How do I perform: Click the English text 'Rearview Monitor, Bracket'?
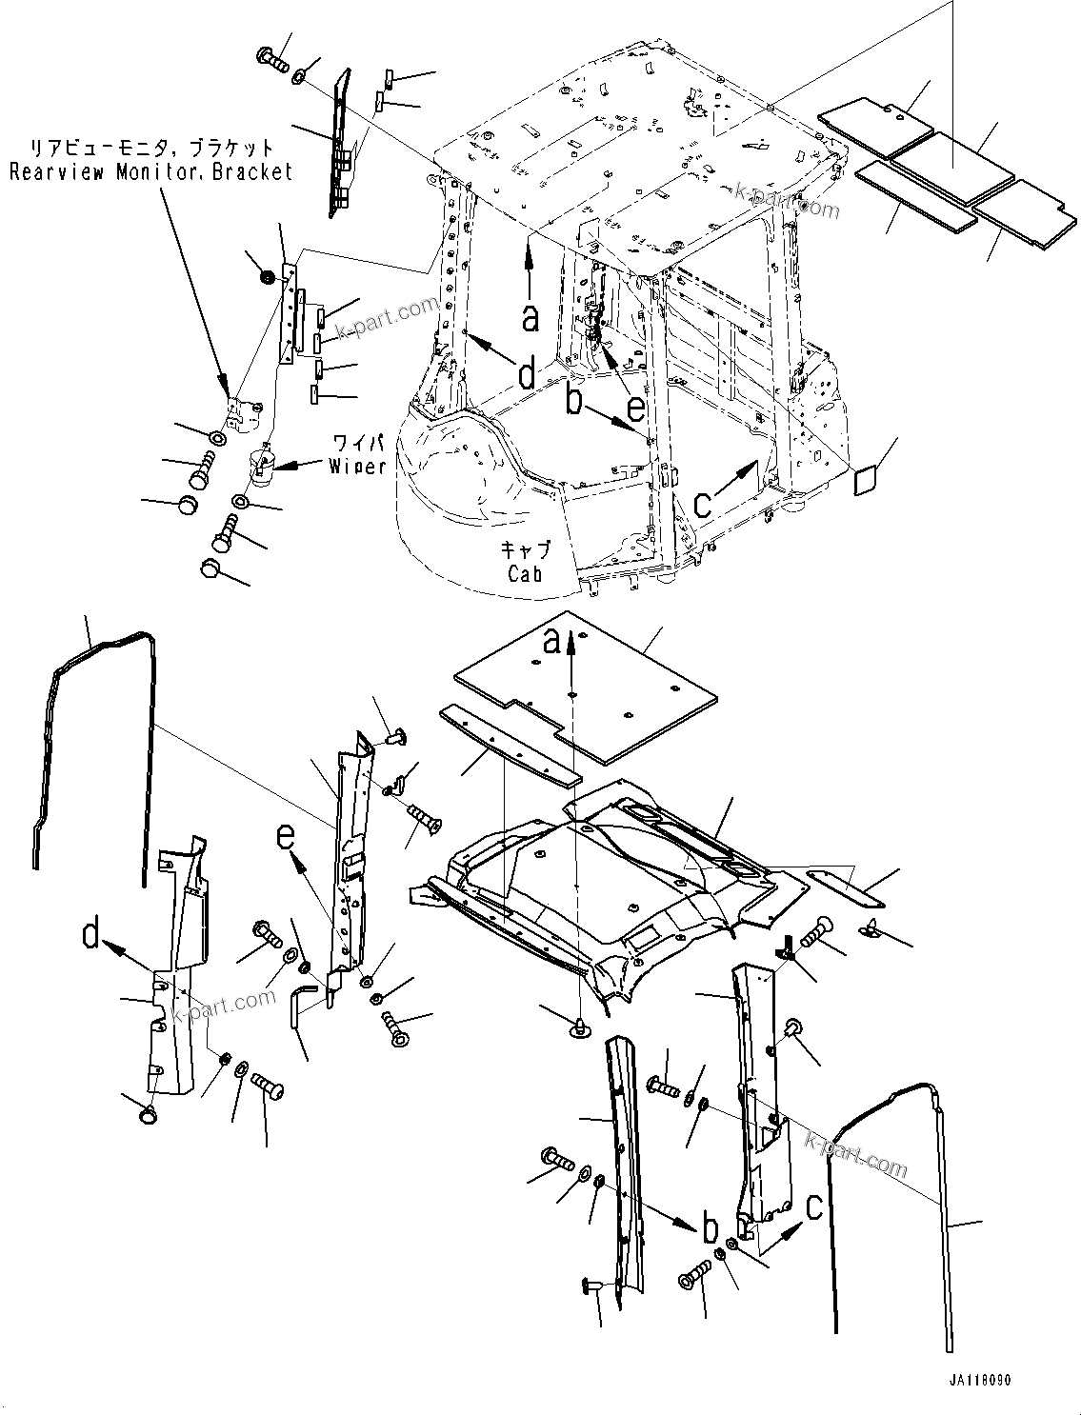tap(150, 171)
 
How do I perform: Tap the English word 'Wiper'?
tap(358, 466)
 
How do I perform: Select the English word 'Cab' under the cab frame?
tap(525, 573)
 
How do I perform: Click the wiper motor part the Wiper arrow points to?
tap(261, 466)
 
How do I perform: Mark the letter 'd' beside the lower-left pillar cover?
tap(91, 935)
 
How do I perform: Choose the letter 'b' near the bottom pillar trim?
tap(710, 1229)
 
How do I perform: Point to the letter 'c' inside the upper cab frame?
tap(704, 503)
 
